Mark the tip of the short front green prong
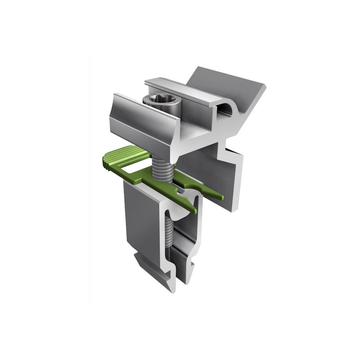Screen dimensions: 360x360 pos(194,210)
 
